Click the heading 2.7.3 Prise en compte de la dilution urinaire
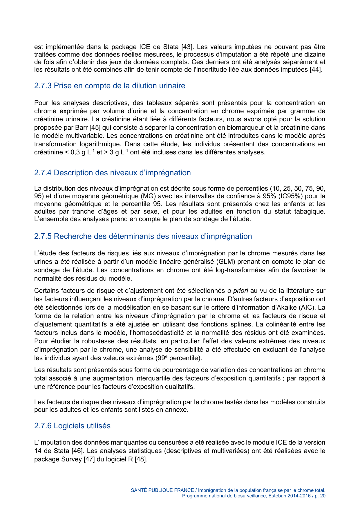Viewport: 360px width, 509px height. pyautogui.click(x=110, y=86)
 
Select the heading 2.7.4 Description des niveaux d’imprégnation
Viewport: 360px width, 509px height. pyautogui.click(x=112, y=173)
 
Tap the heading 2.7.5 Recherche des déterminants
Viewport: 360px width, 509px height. pyautogui.click(x=143, y=237)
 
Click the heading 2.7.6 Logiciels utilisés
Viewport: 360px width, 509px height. pyautogui.click(x=72, y=426)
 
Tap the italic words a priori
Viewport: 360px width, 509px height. pyautogui.click(x=237, y=291)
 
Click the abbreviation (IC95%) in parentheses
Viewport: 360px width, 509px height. pyautogui.click(x=290, y=196)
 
